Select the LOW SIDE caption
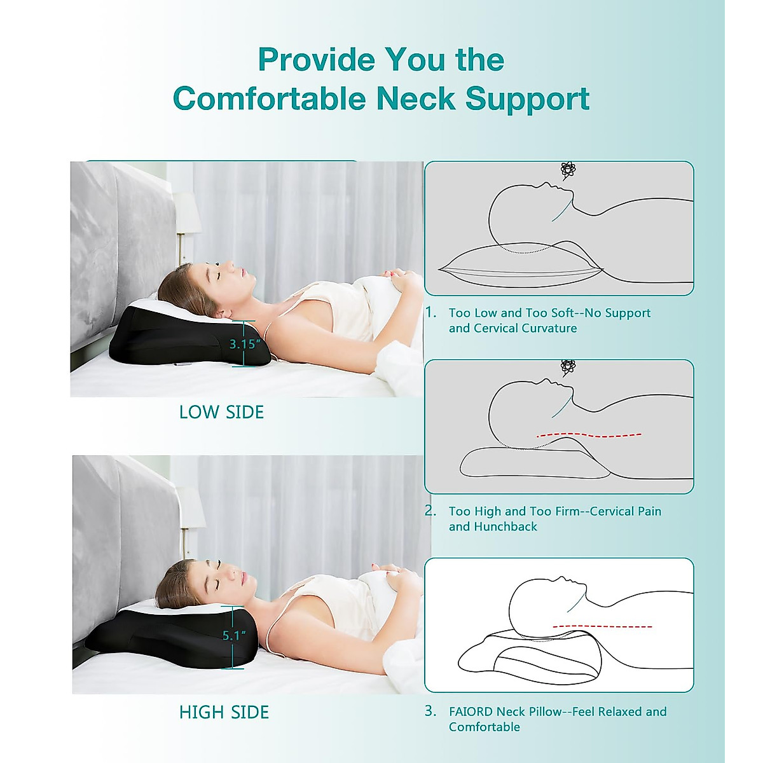point(221,412)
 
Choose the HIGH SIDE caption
point(224,712)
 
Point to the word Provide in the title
point(316,60)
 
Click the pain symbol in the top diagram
point(568,169)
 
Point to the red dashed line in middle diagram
point(589,436)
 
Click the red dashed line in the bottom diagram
point(601,626)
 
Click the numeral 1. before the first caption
point(431,312)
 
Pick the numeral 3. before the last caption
point(431,711)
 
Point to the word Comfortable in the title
point(270,99)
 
